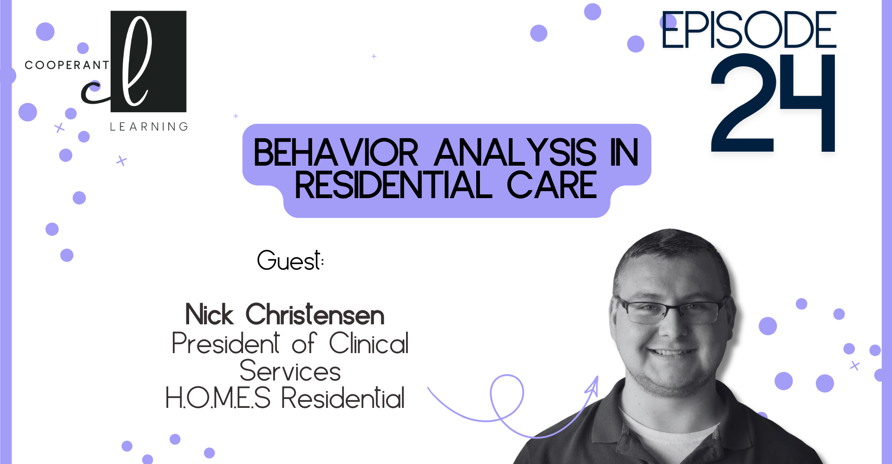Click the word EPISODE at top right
(x=748, y=30)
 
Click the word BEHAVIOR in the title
(x=336, y=153)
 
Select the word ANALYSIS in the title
(x=515, y=153)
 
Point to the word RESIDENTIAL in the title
(x=393, y=185)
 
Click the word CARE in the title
(x=551, y=185)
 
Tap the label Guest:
(x=290, y=260)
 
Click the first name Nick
(x=209, y=315)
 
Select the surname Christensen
(x=315, y=315)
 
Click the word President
(x=226, y=343)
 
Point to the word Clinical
(x=369, y=343)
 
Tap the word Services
(x=290, y=371)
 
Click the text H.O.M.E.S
(x=218, y=398)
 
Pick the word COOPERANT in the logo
(x=67, y=65)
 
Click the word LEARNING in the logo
(x=149, y=127)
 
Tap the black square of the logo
(x=149, y=61)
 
